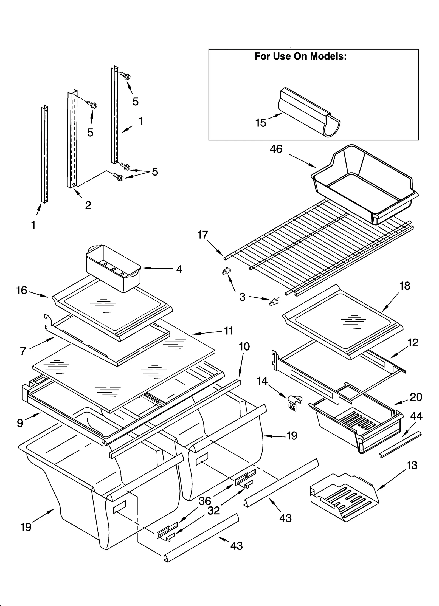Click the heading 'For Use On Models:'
[x=300, y=56]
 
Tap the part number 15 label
[x=260, y=123]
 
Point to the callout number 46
[x=276, y=149]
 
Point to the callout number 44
[x=416, y=416]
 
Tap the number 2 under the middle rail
[x=88, y=205]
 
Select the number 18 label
[x=405, y=286]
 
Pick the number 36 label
[x=205, y=501]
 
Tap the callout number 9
[x=20, y=423]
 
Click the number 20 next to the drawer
[x=416, y=397]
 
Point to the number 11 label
[x=228, y=331]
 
